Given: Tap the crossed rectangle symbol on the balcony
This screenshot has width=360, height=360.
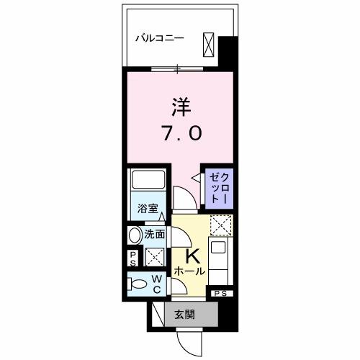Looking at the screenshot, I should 209,44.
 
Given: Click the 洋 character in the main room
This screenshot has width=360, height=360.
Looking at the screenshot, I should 181,107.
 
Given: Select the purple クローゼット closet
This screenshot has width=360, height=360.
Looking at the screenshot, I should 217,186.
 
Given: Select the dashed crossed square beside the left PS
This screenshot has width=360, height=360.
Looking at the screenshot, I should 154,257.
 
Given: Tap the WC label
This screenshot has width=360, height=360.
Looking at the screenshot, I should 155,284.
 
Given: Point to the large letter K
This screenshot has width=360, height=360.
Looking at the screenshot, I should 192,256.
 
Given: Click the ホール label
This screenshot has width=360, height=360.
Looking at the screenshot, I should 190,272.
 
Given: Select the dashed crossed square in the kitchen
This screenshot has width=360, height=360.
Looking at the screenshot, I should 219,226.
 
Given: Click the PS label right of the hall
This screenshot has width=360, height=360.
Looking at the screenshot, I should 220,293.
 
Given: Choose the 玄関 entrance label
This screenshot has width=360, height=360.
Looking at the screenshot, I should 185,313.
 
